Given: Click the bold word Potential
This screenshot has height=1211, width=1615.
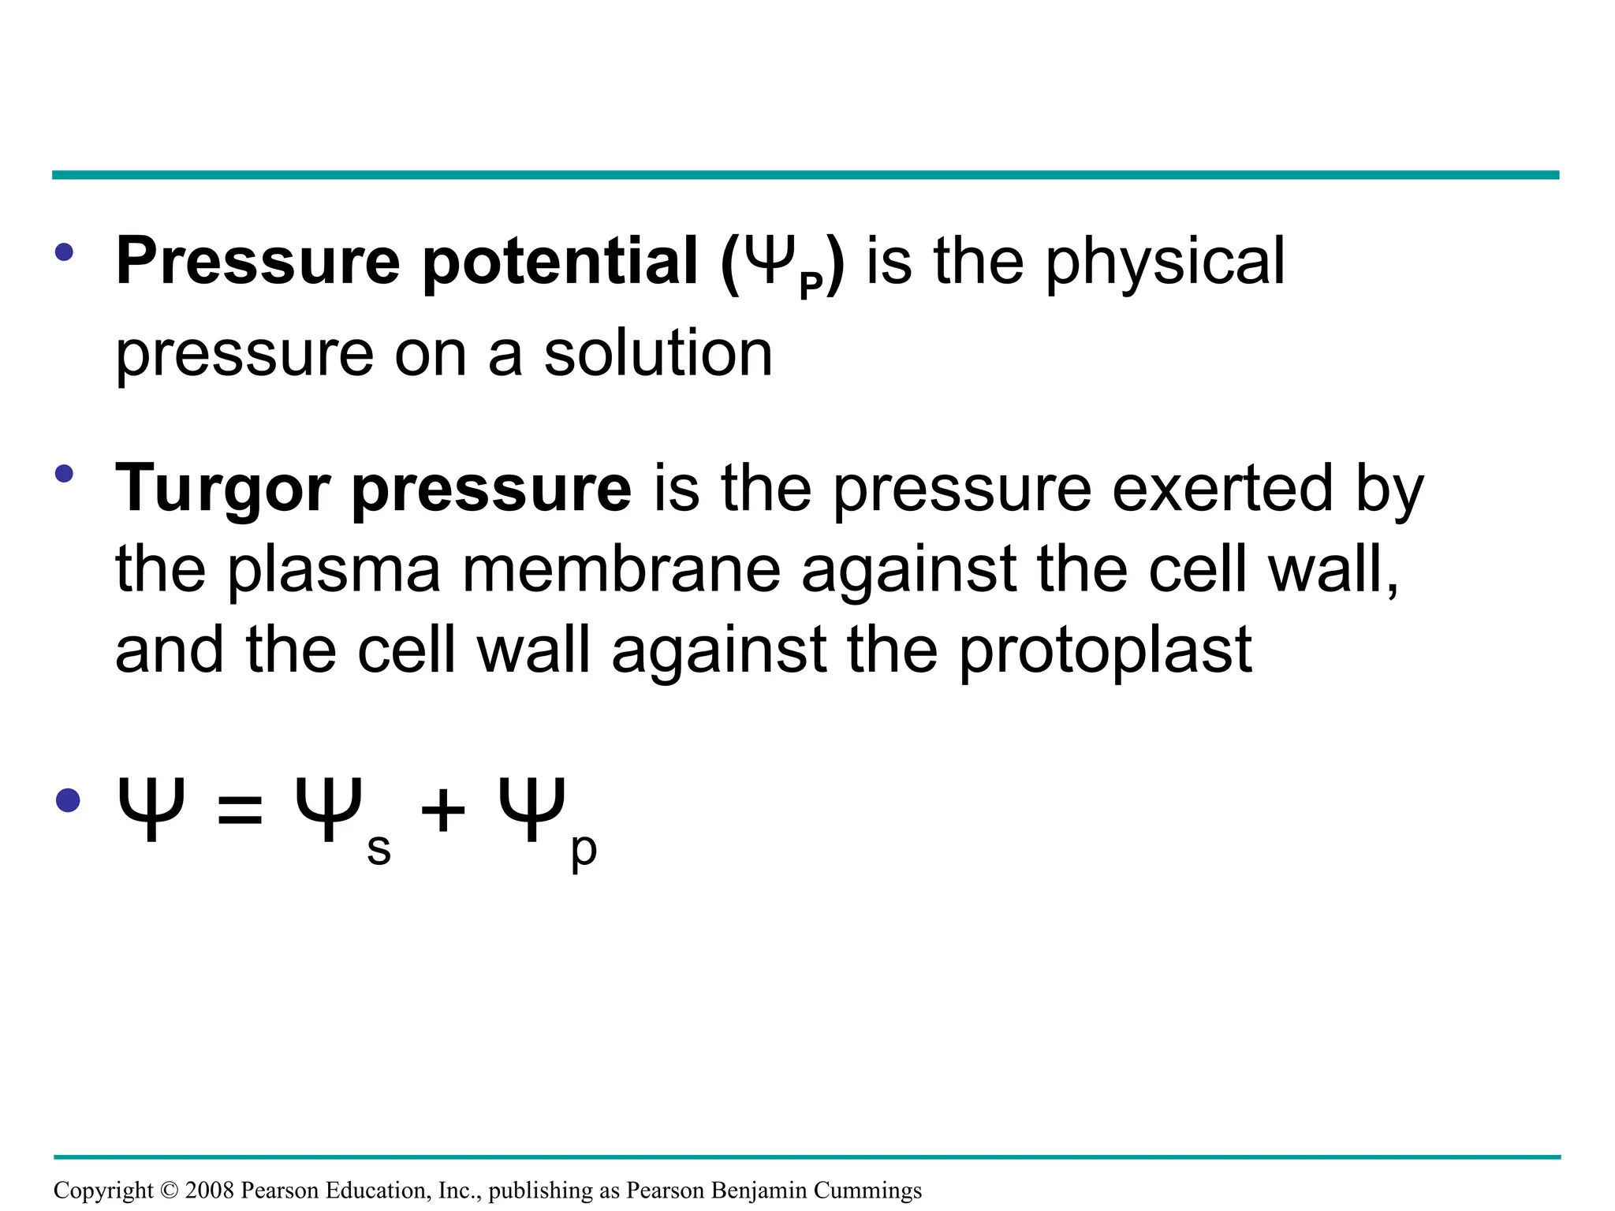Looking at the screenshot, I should (560, 263).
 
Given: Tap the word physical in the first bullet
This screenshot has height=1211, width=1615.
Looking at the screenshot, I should (1166, 263).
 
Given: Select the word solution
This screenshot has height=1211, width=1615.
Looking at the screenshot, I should (658, 354).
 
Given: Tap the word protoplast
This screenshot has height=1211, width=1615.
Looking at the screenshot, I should (1106, 651).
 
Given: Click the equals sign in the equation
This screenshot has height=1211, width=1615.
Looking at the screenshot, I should (239, 810).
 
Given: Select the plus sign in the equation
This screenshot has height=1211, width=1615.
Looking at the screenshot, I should (443, 810).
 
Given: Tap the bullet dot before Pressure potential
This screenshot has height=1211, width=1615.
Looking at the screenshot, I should (65, 252).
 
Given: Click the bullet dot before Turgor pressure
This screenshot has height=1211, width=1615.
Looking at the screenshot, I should (65, 474).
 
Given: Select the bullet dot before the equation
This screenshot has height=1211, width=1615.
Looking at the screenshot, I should (69, 800).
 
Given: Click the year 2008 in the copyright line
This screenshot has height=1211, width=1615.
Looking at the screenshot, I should (209, 1190).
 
